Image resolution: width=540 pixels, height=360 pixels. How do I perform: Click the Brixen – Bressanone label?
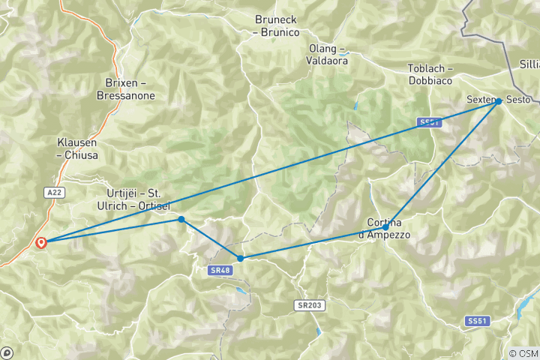125,89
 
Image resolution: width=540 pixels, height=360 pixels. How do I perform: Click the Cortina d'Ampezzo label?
388,229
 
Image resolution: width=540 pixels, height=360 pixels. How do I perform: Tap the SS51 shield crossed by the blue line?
428,122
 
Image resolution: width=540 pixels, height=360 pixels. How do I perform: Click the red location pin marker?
41,242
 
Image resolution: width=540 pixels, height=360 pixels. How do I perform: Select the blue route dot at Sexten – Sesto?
498,100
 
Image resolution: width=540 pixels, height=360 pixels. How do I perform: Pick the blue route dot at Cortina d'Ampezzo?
385,227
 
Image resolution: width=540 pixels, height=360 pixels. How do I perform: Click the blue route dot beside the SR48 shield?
240,258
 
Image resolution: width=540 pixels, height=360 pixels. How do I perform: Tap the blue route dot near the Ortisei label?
181,219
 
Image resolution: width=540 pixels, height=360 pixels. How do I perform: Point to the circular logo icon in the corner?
7,352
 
